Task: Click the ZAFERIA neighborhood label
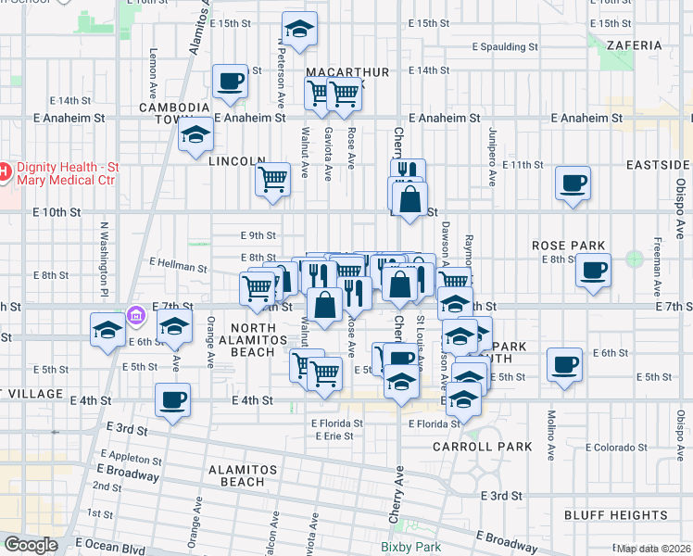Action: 635,44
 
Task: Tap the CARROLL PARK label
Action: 483,447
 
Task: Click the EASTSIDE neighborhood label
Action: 657,164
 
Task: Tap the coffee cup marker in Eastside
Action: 573,182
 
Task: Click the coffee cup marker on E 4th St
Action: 172,399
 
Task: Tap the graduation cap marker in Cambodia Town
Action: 195,136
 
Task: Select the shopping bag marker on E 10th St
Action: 409,196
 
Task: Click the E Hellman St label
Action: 178,267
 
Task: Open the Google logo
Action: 30,545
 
